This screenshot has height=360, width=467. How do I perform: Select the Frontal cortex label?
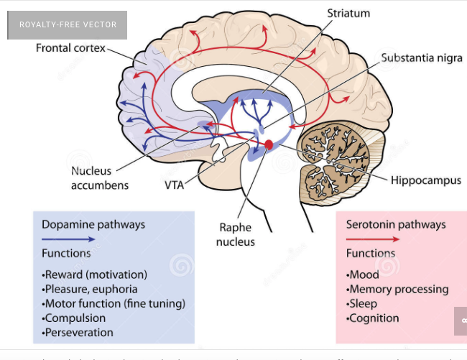pyautogui.click(x=70, y=48)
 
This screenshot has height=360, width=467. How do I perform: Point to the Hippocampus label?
pyautogui.click(x=426, y=180)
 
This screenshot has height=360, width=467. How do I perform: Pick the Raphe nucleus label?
pyautogui.click(x=237, y=234)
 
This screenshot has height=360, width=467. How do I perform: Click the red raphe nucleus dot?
pyautogui.click(x=269, y=144)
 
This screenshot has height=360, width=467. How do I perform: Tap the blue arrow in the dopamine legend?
pyautogui.click(x=68, y=239)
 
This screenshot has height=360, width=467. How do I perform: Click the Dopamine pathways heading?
pyautogui.click(x=93, y=224)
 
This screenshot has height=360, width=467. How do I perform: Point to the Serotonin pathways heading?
pyautogui.click(x=396, y=224)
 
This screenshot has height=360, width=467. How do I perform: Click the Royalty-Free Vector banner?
pyautogui.click(x=68, y=24)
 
